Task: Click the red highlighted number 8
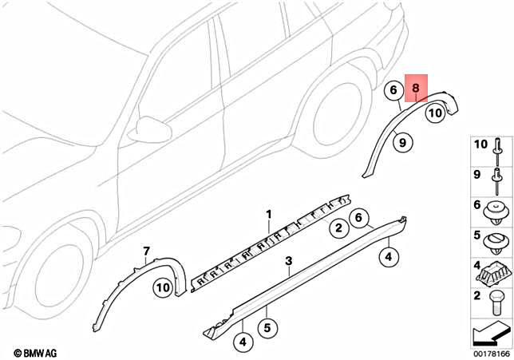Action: (x=415, y=88)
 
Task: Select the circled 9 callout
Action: (x=402, y=142)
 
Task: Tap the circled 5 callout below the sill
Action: (x=267, y=327)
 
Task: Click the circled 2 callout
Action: (x=338, y=227)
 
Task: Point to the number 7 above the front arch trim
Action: (x=146, y=251)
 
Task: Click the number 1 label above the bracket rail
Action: (x=269, y=215)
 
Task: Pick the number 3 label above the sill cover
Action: (x=288, y=261)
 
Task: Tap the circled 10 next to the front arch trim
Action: (x=163, y=288)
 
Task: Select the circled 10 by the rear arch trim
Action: (x=435, y=113)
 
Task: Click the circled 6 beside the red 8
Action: (x=393, y=90)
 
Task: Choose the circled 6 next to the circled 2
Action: (x=358, y=217)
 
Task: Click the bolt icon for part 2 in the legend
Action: (x=496, y=302)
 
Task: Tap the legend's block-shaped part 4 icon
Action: (x=493, y=274)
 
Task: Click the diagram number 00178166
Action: (x=492, y=354)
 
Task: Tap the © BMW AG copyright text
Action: (x=35, y=353)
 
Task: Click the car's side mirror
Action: (x=150, y=129)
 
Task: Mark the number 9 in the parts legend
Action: (x=477, y=175)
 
